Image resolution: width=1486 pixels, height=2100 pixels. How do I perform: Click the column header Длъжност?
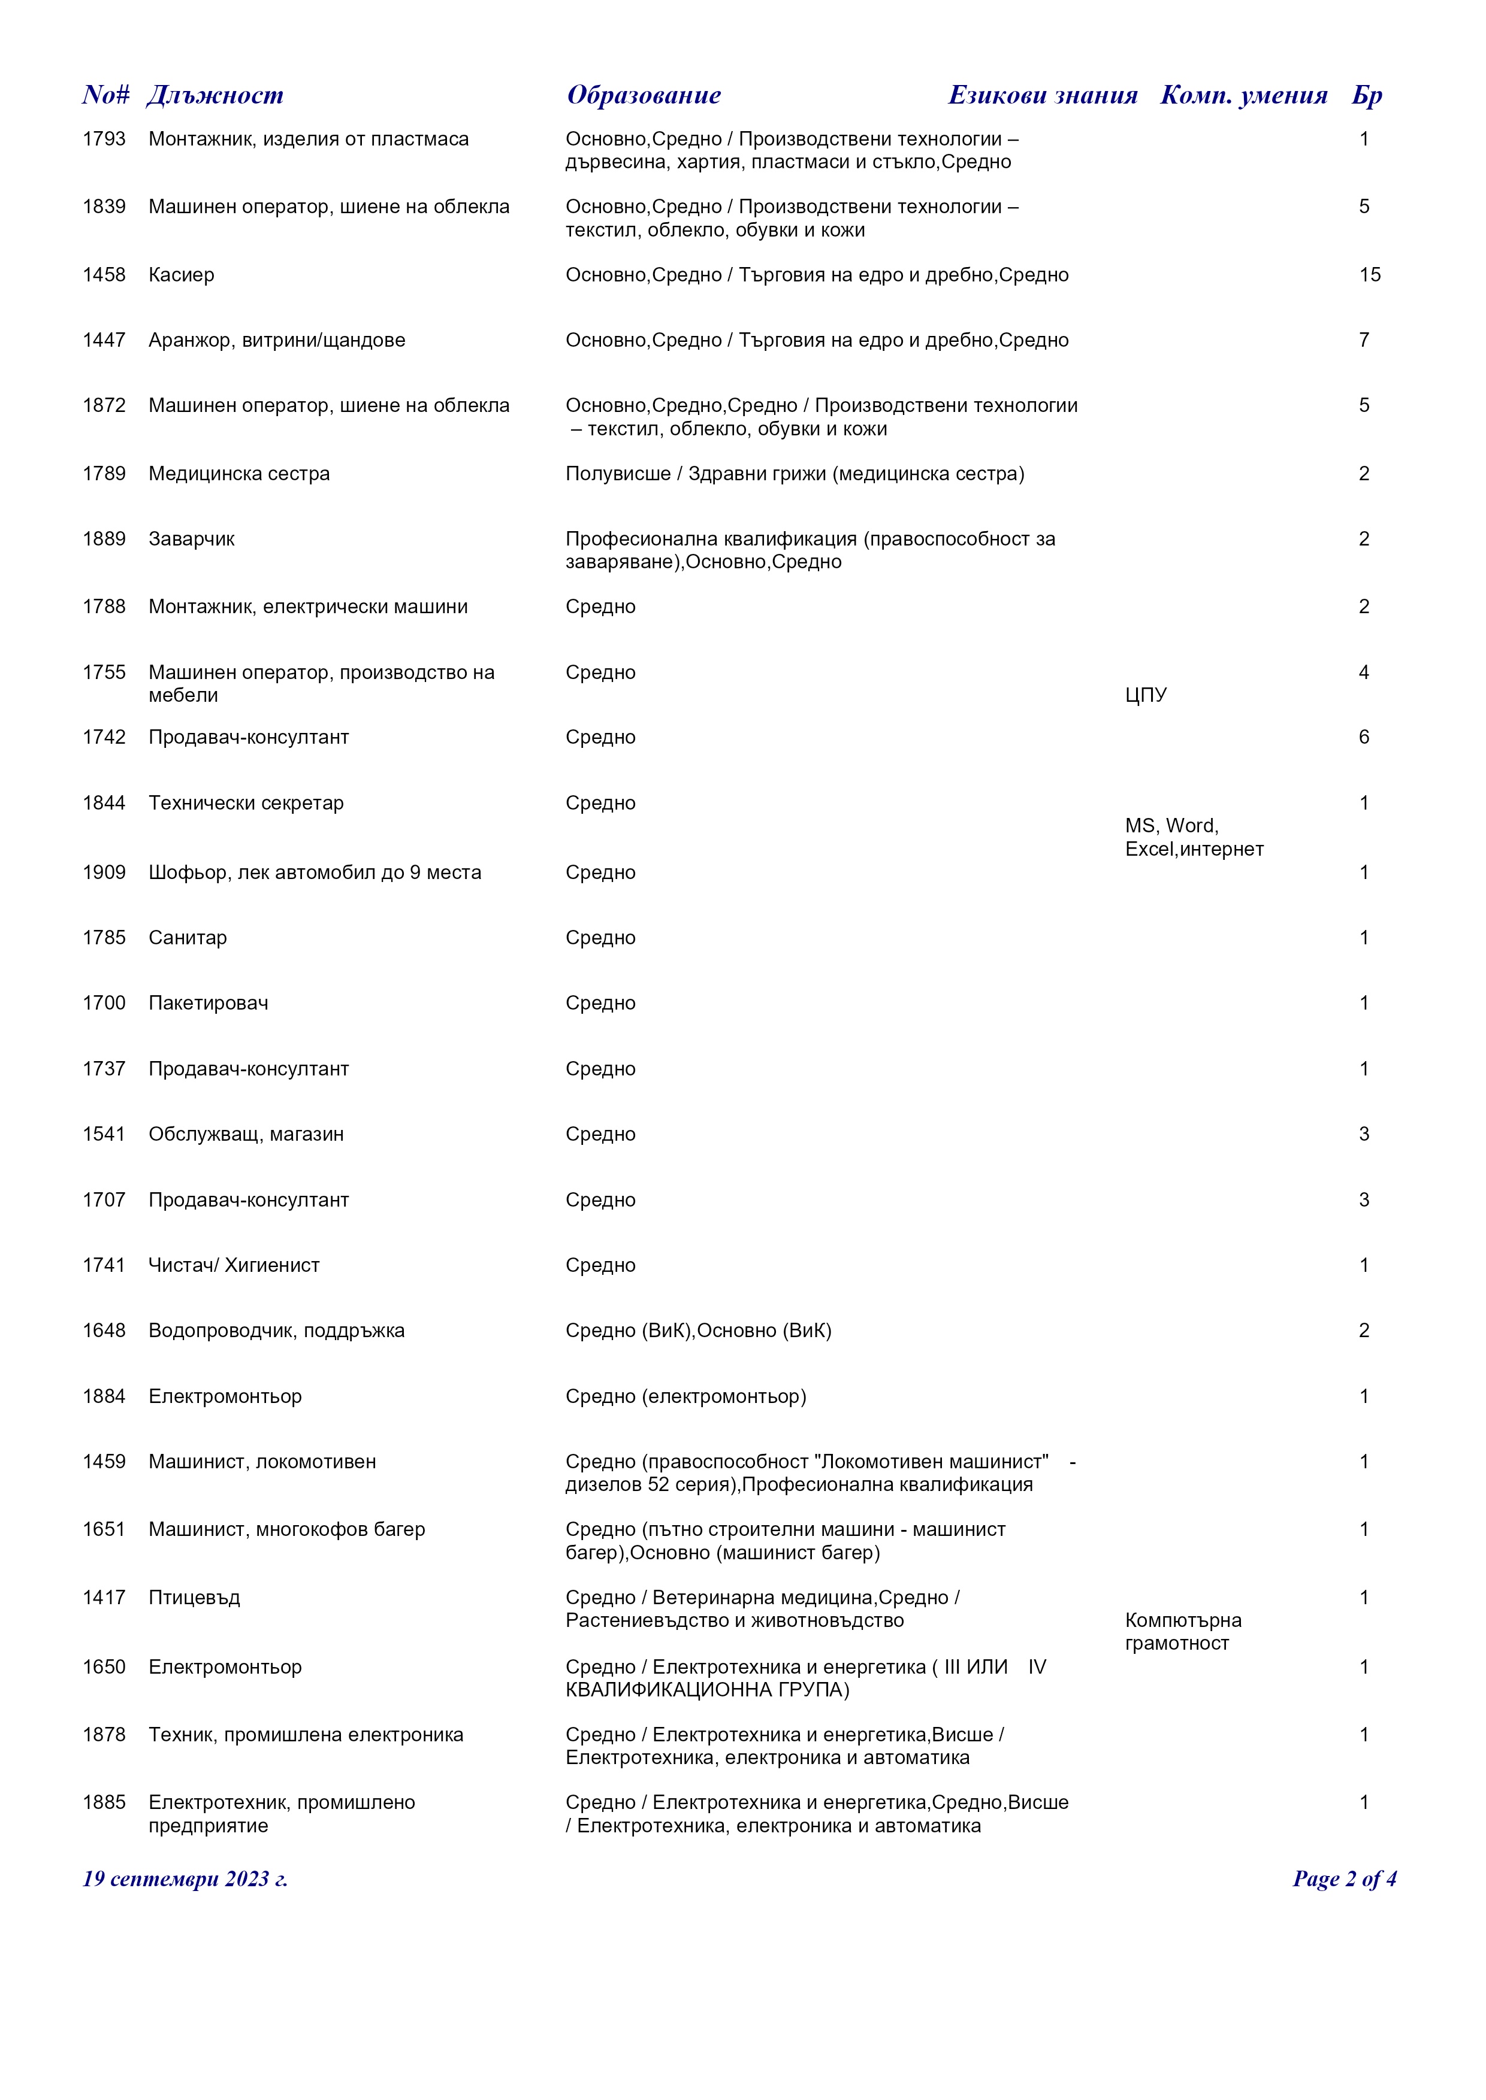(215, 95)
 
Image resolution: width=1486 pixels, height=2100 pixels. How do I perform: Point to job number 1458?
(104, 275)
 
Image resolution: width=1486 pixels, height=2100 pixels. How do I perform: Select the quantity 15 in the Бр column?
(1369, 275)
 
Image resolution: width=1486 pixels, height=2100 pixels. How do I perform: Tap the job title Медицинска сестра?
(239, 474)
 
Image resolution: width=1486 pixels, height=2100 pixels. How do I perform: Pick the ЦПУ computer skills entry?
(1146, 695)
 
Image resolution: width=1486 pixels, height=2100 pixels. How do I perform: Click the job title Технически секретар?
(246, 803)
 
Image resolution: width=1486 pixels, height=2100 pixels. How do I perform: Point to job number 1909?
(104, 872)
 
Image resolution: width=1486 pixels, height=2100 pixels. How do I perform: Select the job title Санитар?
(188, 938)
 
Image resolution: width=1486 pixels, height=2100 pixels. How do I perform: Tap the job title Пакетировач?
(209, 1004)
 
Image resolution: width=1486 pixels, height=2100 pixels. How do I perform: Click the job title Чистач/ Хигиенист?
(234, 1266)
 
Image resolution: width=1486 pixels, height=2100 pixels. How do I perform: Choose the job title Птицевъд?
(194, 1598)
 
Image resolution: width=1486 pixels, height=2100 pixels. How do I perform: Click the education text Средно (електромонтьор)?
(685, 1396)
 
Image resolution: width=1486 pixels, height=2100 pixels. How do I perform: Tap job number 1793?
(104, 139)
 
